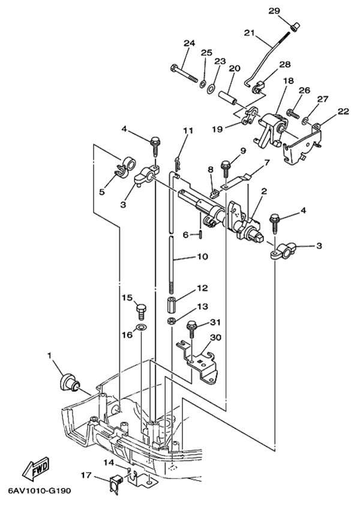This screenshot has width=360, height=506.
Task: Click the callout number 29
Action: tap(290, 11)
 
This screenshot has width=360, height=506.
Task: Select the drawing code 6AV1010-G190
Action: tap(40, 491)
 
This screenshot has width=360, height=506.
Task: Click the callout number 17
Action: tap(85, 476)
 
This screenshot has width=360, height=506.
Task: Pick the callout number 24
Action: tap(190, 43)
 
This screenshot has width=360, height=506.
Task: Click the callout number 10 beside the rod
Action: tap(202, 257)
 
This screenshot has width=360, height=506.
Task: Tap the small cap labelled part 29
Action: tap(295, 26)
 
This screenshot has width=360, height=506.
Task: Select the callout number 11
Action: tap(188, 130)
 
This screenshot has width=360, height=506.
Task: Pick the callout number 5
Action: tap(102, 191)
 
